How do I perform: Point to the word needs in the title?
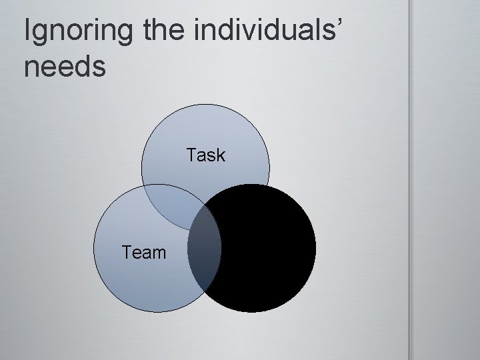[x=65, y=67]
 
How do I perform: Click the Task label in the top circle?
[x=206, y=156]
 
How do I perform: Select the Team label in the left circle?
[x=143, y=253]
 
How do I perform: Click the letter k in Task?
[x=221, y=156]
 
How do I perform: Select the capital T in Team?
[x=127, y=253]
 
